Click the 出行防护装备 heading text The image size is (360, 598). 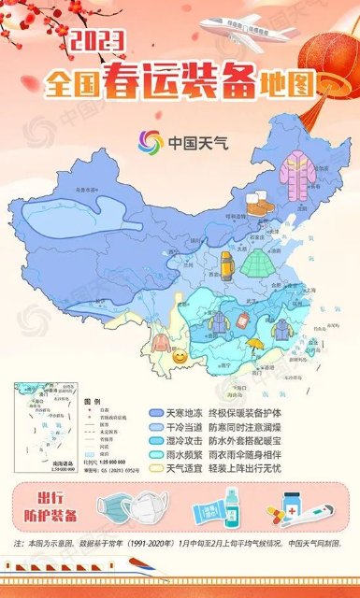(56, 505)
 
